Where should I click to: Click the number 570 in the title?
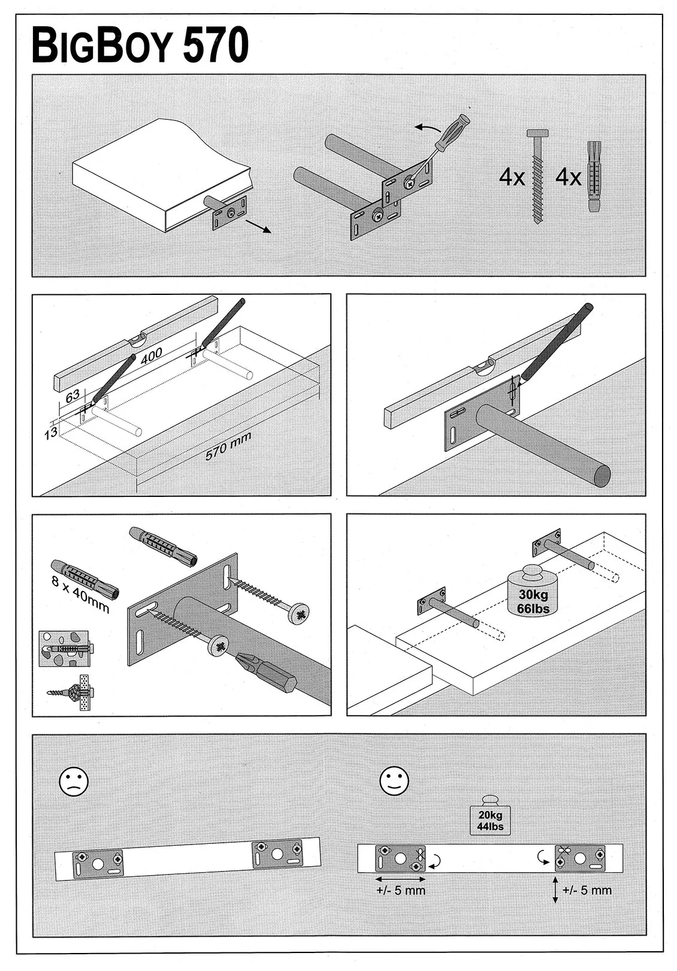click(x=216, y=46)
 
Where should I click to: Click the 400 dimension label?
click(x=151, y=356)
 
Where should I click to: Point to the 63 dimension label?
click(x=72, y=396)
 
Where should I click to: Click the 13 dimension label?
click(x=51, y=432)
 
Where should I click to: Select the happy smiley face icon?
click(x=394, y=780)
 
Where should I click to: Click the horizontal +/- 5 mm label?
click(x=401, y=890)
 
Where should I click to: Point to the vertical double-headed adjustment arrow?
click(x=555, y=889)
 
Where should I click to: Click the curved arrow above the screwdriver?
click(x=427, y=128)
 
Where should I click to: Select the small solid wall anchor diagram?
click(x=64, y=649)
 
